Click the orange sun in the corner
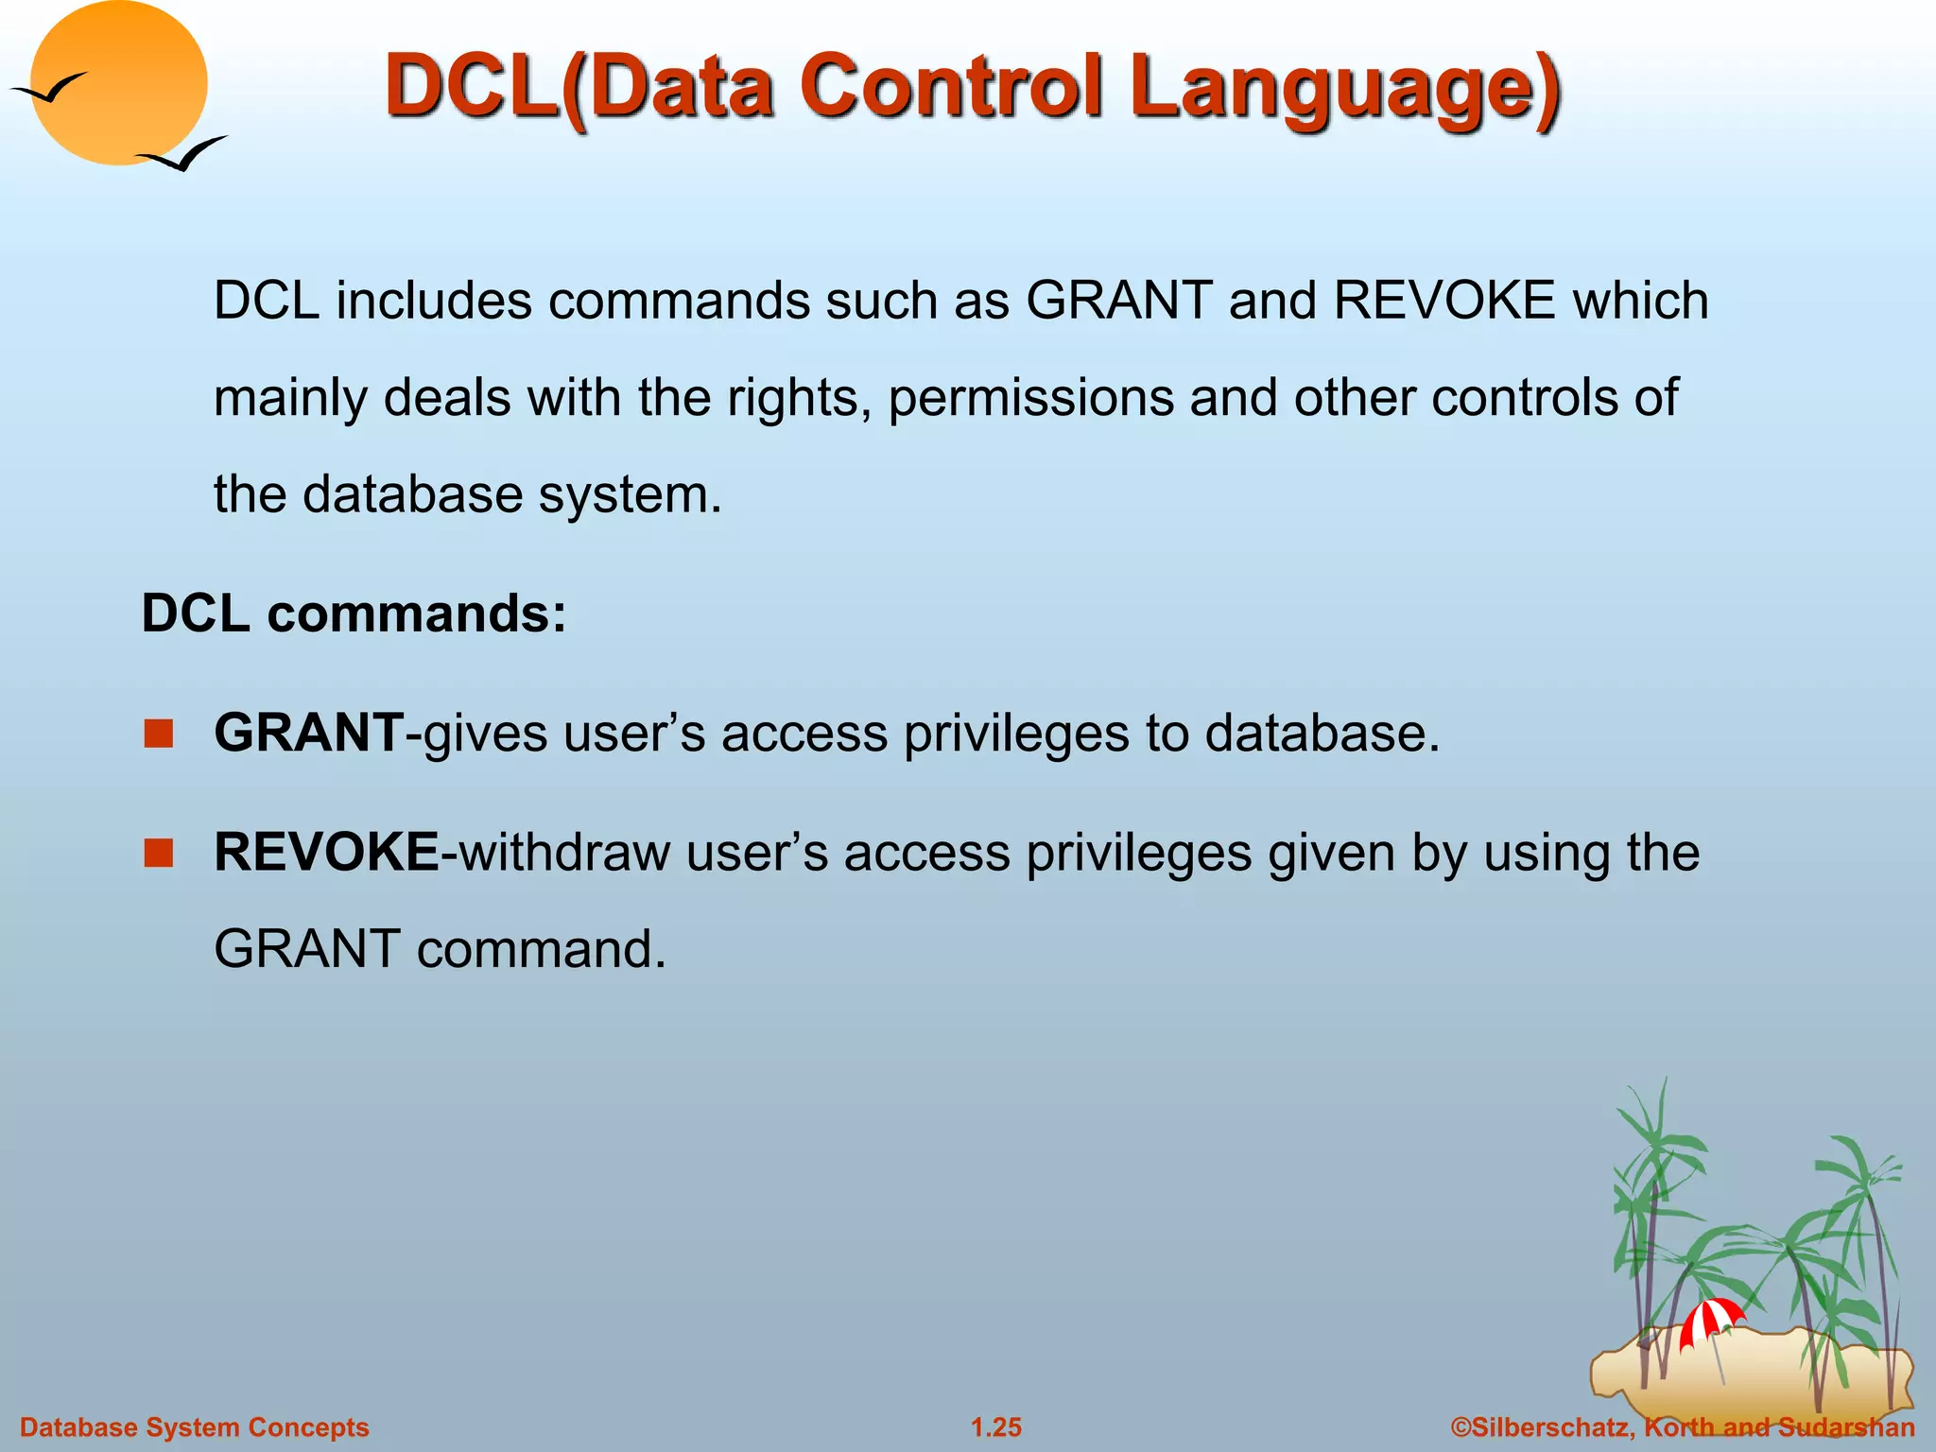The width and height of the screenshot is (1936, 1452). pyautogui.click(x=118, y=83)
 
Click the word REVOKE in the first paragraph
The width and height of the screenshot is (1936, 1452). pyautogui.click(x=1444, y=301)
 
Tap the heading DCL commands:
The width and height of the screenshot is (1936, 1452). pyautogui.click(x=354, y=614)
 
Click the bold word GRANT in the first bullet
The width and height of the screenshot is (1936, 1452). pyautogui.click(x=309, y=733)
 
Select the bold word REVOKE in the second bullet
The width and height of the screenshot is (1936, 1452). pyautogui.click(x=326, y=852)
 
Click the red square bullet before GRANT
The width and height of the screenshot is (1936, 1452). pyautogui.click(x=159, y=734)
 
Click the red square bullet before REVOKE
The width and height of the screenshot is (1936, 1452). pyautogui.click(x=159, y=853)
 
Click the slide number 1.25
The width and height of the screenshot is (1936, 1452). pyautogui.click(x=996, y=1427)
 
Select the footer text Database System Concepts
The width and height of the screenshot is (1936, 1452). pyautogui.click(x=195, y=1427)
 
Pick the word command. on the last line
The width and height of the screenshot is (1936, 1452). pyautogui.click(x=541, y=949)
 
